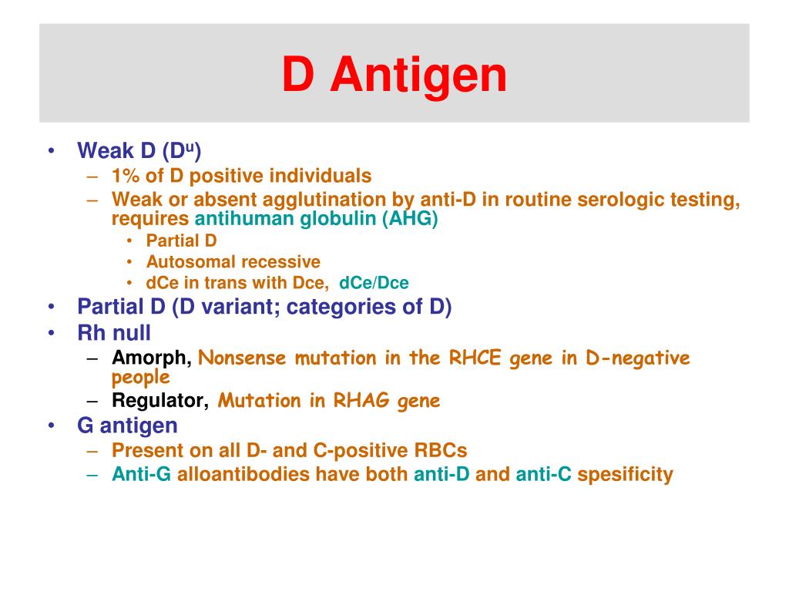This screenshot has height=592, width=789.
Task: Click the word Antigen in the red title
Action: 420,76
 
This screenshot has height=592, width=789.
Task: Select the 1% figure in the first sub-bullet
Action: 126,176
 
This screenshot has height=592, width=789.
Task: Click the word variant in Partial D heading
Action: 229,307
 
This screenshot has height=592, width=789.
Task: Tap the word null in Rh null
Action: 132,333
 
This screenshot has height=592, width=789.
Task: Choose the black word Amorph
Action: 150,358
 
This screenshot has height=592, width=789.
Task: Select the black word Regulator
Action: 159,401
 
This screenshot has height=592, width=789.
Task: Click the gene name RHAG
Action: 359,401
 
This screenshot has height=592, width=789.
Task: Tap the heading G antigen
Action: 127,425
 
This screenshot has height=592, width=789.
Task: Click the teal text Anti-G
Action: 141,474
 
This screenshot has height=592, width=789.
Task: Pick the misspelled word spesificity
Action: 625,474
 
